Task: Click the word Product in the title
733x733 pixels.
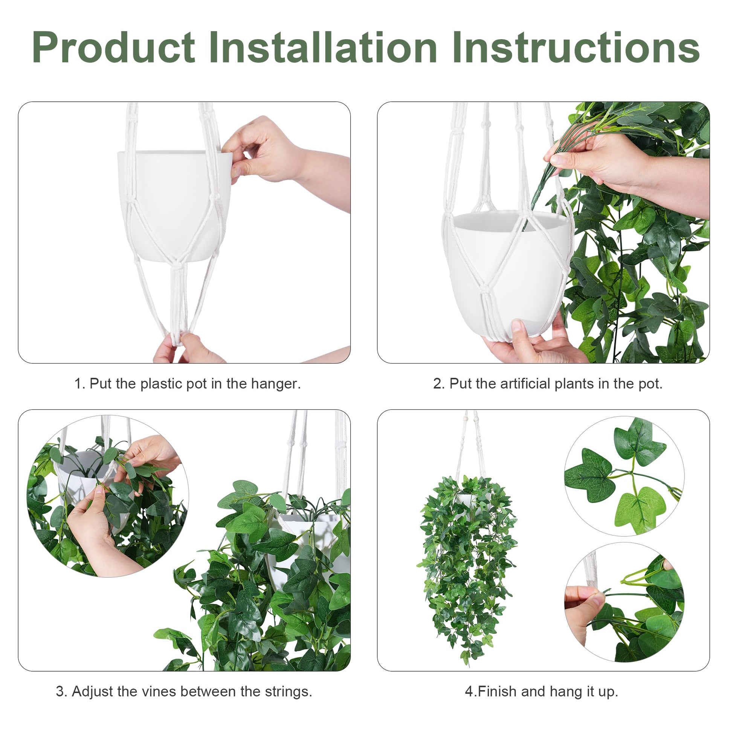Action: (113, 47)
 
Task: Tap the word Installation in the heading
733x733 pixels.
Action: (323, 47)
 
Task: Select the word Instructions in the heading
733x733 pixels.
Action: (576, 47)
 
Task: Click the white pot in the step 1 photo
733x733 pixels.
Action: (174, 205)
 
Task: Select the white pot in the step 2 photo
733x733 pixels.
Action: (509, 271)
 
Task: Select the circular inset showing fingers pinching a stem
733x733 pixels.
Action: (624, 603)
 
